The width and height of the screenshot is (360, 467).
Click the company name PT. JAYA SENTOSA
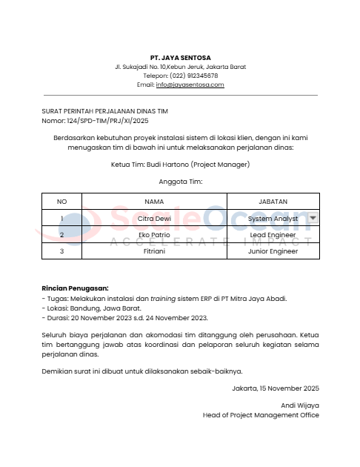click(180, 57)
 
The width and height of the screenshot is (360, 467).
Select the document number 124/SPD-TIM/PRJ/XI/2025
click(107, 120)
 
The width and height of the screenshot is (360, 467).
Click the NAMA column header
click(154, 202)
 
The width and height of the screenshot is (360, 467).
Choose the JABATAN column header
click(273, 202)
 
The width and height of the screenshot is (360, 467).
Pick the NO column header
click(62, 202)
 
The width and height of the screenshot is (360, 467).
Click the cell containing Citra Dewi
click(154, 219)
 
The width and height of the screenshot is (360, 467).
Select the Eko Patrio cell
click(154, 235)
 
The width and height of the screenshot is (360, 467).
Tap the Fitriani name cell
click(154, 251)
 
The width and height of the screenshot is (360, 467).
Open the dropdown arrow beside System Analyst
click(313, 218)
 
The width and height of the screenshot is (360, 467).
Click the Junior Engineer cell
click(273, 251)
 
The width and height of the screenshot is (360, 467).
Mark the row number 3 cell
click(62, 251)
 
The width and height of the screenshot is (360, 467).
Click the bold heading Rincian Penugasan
click(75, 288)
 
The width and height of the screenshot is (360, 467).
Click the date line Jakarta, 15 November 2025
click(275, 388)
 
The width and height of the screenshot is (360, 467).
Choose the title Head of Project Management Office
click(261, 415)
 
